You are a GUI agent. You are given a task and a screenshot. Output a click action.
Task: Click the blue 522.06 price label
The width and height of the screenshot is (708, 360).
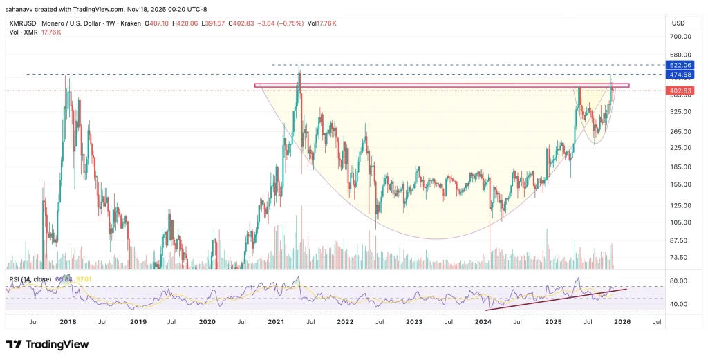pos(678,64)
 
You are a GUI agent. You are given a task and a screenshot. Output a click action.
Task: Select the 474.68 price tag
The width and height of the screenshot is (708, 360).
pos(678,74)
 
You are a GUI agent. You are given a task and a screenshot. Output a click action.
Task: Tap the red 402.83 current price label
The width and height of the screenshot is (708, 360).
pos(678,91)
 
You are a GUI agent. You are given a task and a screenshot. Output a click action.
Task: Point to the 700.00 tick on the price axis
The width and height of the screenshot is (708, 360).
pos(678,37)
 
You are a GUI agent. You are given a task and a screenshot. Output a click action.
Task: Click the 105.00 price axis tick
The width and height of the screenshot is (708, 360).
pos(678,222)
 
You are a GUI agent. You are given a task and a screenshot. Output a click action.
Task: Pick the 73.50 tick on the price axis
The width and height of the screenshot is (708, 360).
pos(678,257)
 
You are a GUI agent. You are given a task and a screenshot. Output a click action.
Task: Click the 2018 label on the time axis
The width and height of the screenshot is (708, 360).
pos(68,322)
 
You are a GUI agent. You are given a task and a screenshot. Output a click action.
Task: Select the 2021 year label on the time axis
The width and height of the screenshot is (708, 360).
pos(276,322)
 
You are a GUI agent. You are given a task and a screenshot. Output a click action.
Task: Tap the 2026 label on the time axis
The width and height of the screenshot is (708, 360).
pos(622,322)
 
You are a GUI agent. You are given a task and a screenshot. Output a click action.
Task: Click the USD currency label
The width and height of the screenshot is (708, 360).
pos(678,23)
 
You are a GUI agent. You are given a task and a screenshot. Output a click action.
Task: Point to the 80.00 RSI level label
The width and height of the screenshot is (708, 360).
pos(678,281)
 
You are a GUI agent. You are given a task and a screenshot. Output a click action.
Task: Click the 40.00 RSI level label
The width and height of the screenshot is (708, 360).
pos(678,304)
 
